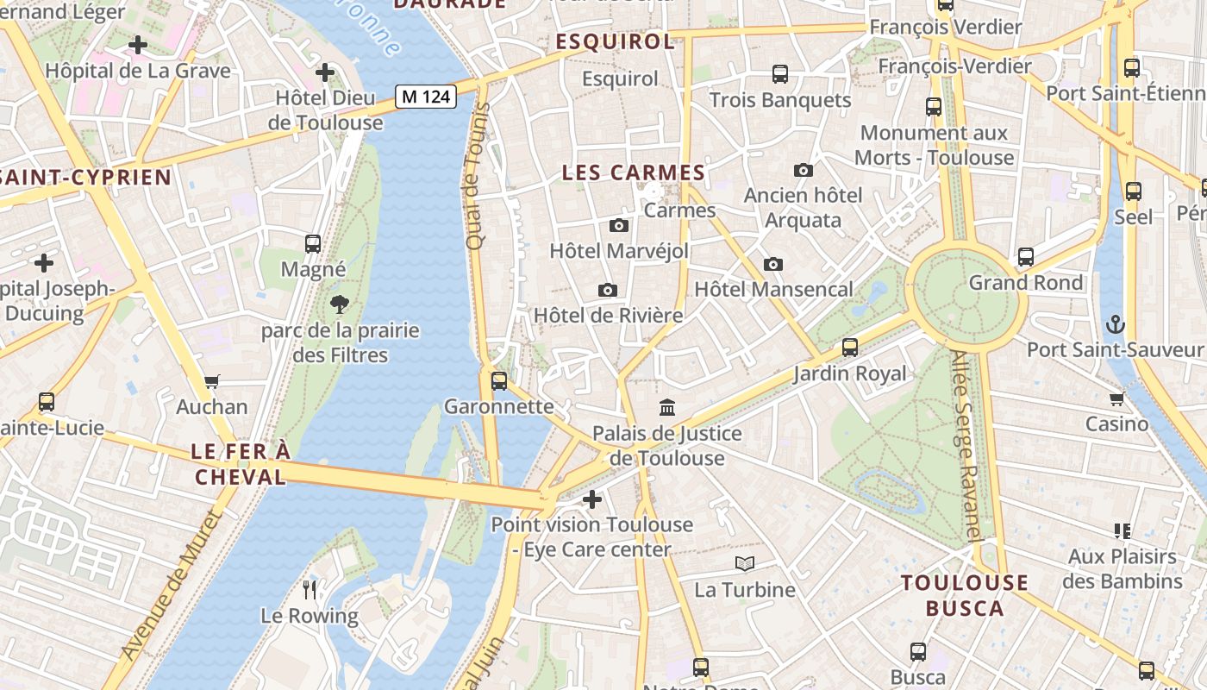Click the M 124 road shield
click(x=426, y=97)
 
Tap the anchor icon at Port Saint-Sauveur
click(x=1116, y=325)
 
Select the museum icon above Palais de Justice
click(x=667, y=407)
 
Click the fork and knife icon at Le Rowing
click(x=310, y=590)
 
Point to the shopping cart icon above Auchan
click(x=212, y=381)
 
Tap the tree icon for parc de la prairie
click(x=340, y=304)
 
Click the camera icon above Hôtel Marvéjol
click(x=618, y=226)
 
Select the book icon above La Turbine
click(x=745, y=564)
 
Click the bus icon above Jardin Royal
click(x=850, y=348)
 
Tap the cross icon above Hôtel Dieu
click(x=325, y=72)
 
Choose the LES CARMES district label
click(x=634, y=173)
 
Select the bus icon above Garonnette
click(x=498, y=380)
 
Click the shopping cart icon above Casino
click(x=1117, y=398)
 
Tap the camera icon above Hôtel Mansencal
click(x=773, y=264)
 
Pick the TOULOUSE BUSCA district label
click(x=965, y=595)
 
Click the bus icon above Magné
click(x=313, y=244)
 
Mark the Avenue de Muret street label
click(x=172, y=586)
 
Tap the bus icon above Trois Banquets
click(x=780, y=74)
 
